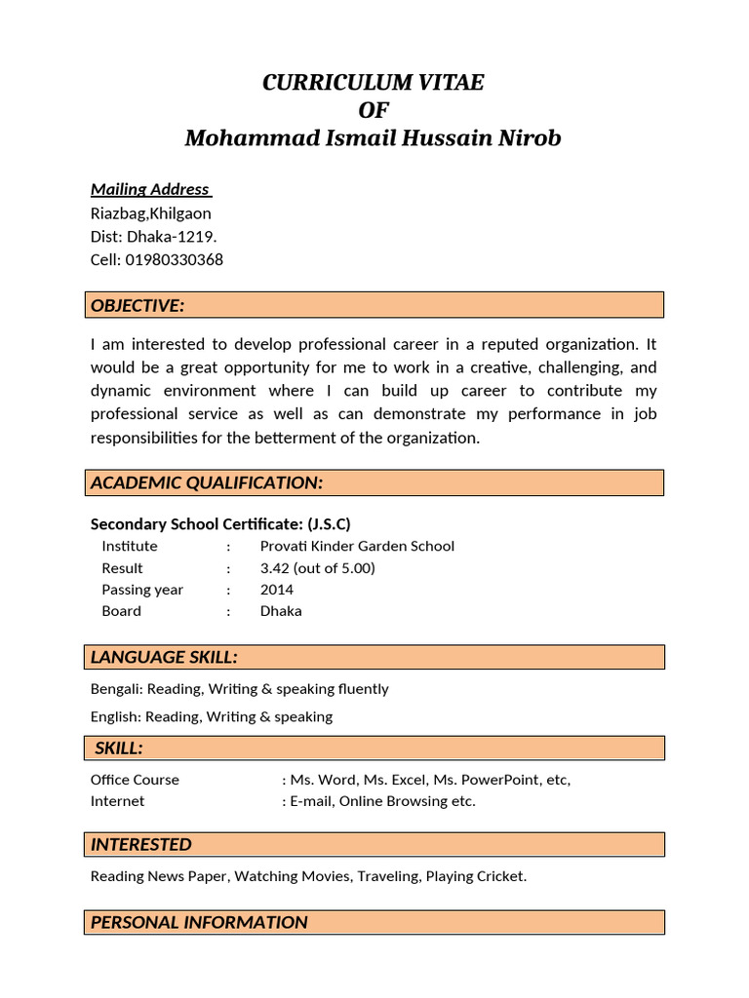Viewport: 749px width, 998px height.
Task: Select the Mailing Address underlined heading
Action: [x=150, y=189]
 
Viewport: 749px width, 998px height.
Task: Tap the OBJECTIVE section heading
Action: [x=138, y=306]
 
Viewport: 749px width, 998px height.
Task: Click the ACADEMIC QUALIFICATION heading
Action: [x=207, y=483]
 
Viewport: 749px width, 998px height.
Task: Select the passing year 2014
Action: [x=277, y=590]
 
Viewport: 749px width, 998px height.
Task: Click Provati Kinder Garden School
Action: [x=357, y=547]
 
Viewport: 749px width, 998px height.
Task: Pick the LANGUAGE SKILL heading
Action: [x=164, y=657]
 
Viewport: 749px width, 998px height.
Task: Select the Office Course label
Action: [x=135, y=780]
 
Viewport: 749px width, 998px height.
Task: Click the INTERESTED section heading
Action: [x=141, y=845]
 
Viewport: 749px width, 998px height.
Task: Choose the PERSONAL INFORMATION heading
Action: [x=199, y=922]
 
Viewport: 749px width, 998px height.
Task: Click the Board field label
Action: [x=121, y=611]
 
